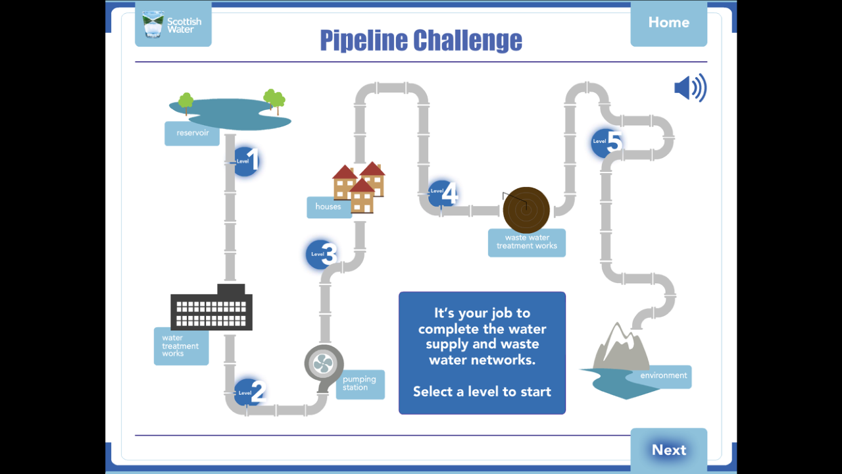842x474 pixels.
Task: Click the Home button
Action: click(x=668, y=23)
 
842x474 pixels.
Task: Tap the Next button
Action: click(x=668, y=450)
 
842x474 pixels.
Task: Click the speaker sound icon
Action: click(x=690, y=88)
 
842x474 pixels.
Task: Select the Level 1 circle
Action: click(x=246, y=161)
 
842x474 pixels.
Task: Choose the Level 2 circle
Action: click(x=249, y=392)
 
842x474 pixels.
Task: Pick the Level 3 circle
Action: click(x=321, y=254)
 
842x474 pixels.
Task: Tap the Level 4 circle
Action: click(x=442, y=193)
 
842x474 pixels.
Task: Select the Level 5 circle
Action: click(x=606, y=142)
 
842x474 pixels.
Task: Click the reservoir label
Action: click(x=192, y=133)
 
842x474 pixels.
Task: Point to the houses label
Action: click(x=329, y=207)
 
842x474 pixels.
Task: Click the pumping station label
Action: click(x=360, y=384)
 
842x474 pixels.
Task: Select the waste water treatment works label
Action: click(x=526, y=242)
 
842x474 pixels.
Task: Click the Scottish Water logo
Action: click(x=173, y=24)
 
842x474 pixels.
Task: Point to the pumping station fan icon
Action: click(x=324, y=363)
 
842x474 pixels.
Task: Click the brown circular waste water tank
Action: click(x=526, y=210)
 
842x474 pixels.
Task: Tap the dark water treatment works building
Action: click(x=211, y=309)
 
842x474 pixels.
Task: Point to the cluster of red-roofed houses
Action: click(x=359, y=186)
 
